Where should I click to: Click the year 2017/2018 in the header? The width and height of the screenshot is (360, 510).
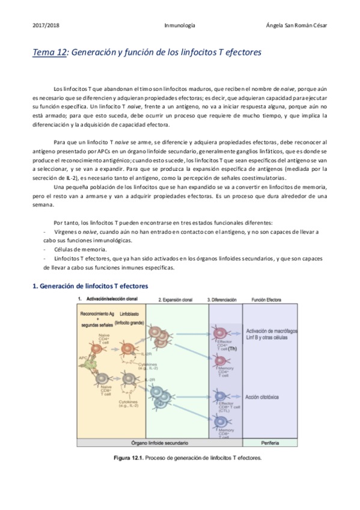[x=46, y=26]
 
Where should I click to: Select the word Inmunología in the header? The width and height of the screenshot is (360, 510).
[x=179, y=26]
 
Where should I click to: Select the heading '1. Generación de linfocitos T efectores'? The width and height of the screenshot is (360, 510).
[x=90, y=286]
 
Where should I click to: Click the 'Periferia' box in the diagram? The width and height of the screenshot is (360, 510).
[x=269, y=443]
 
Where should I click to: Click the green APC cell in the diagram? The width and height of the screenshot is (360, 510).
[x=92, y=361]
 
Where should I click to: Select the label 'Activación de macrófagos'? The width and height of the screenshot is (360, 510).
[x=272, y=331]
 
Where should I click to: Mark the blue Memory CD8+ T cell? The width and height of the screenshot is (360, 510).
[x=219, y=417]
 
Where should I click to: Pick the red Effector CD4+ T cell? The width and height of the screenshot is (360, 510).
[x=219, y=333]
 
